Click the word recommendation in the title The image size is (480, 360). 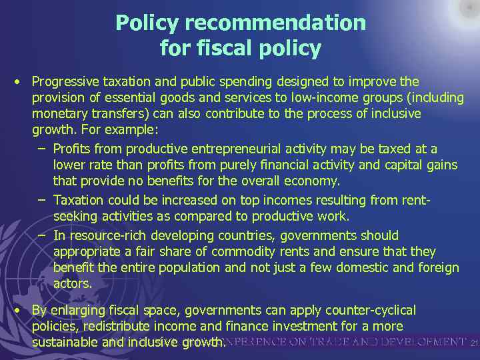pyautogui.click(x=275, y=23)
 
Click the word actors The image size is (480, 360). pyautogui.click(x=72, y=283)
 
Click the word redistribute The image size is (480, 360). pyautogui.click(x=128, y=326)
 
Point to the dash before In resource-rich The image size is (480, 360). pyautogui.click(x=41, y=235)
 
